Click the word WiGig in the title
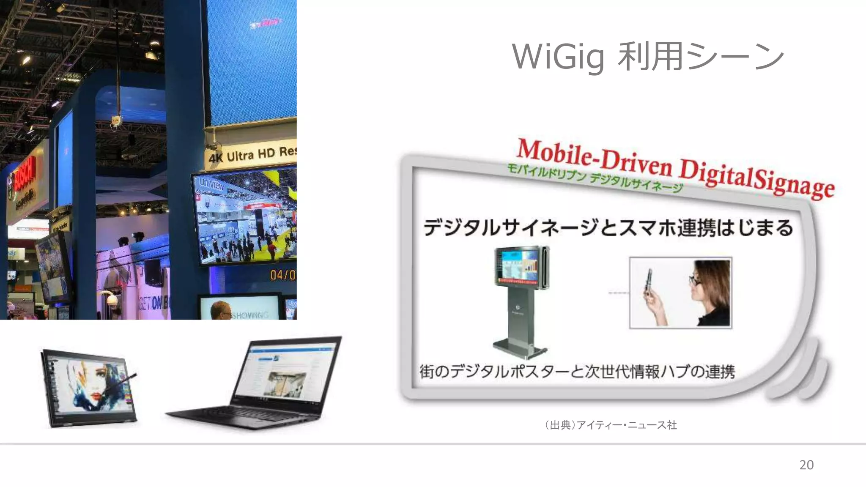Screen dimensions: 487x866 [558, 57]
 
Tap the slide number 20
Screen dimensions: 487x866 [806, 465]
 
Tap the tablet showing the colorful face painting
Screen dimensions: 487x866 [89, 387]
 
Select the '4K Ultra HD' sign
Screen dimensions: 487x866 [252, 155]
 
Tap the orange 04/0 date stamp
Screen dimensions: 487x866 [282, 275]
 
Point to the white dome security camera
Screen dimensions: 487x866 [112, 300]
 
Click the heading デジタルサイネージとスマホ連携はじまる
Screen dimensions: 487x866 [608, 227]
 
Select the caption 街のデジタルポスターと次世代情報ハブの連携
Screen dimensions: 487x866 [577, 372]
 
